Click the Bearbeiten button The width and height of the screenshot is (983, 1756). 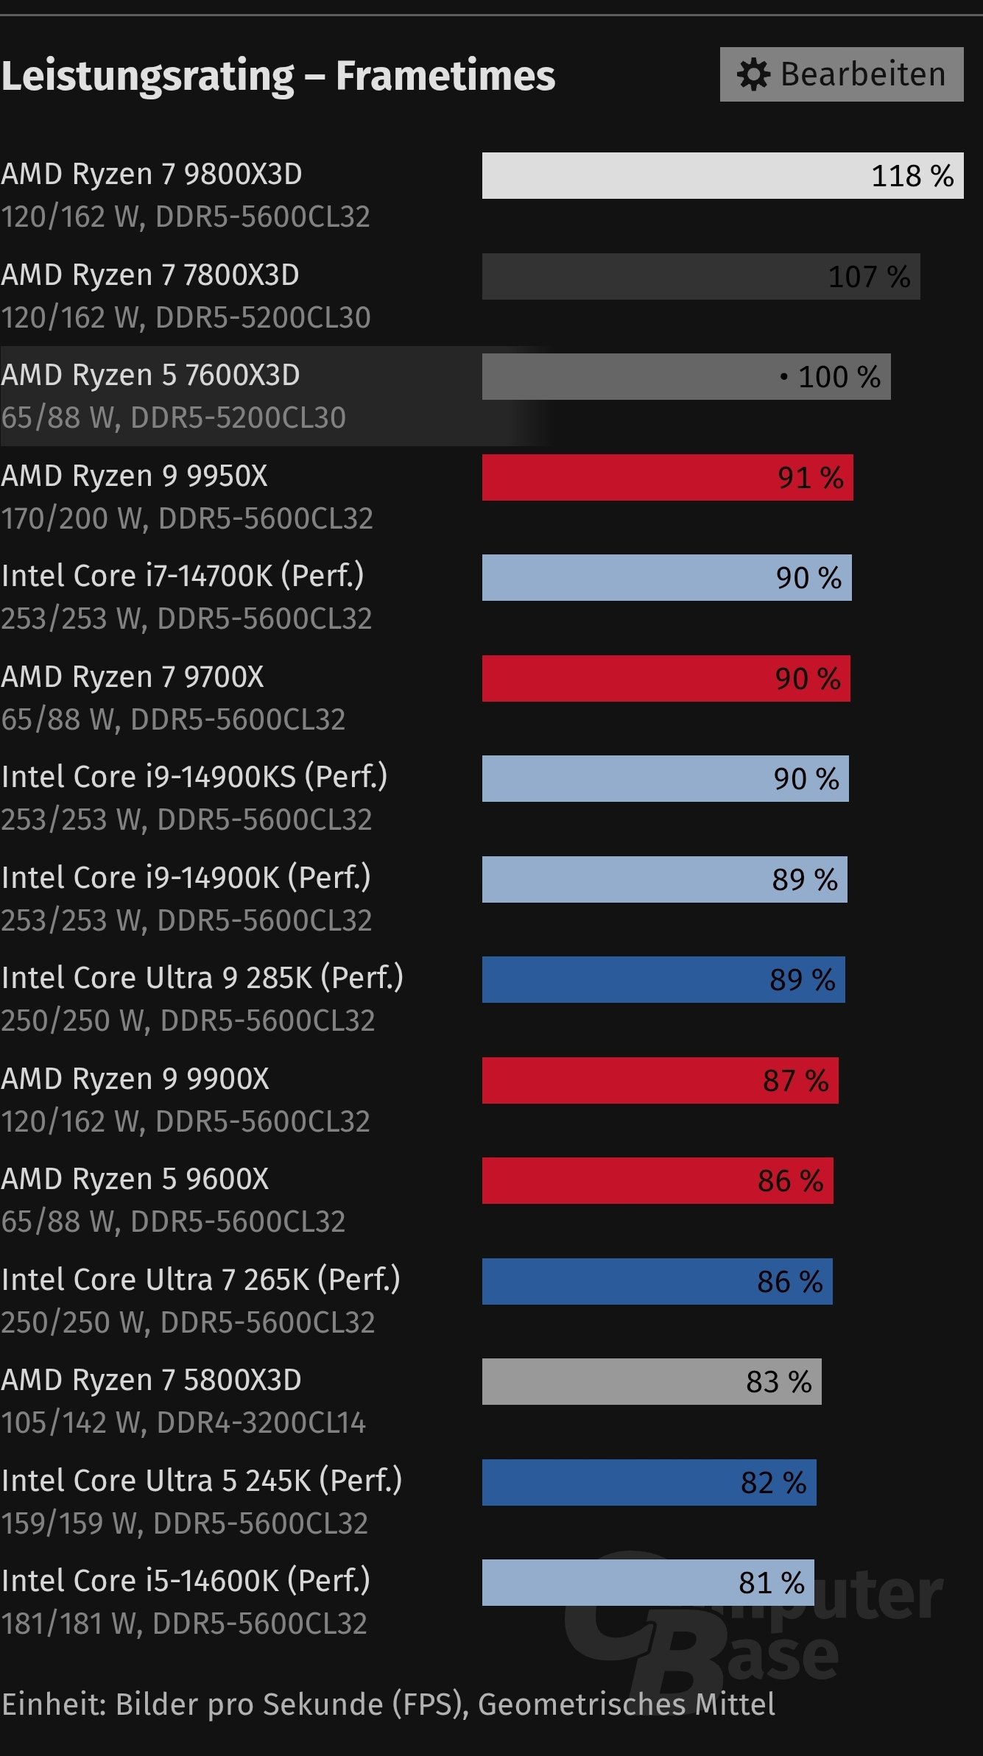coord(841,74)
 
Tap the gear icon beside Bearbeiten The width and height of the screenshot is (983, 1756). coord(753,75)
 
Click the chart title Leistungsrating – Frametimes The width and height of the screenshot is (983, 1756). coord(278,76)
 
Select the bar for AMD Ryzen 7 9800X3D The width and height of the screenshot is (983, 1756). coord(722,175)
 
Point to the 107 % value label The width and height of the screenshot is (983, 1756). coord(869,277)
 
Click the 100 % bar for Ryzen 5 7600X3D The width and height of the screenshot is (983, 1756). coord(685,377)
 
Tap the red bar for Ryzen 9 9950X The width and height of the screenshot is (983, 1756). coord(666,477)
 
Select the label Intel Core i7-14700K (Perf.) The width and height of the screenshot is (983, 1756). coord(183,576)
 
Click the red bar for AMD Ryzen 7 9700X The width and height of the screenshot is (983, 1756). coord(665,678)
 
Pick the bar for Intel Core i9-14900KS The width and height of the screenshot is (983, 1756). coord(664,778)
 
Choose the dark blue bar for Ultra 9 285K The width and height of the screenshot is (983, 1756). coord(663,979)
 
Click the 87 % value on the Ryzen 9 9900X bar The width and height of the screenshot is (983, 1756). coord(795,1081)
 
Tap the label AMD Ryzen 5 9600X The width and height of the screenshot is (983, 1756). coord(135,1179)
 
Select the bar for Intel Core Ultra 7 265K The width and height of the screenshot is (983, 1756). coord(656,1281)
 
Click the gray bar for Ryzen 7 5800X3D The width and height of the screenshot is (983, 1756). coord(651,1381)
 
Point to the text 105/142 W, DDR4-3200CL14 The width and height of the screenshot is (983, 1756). coord(183,1423)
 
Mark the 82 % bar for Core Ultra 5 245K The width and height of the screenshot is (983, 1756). coord(648,1482)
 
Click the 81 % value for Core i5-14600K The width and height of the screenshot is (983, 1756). coord(771,1583)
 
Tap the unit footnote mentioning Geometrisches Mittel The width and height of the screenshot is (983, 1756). coord(388,1704)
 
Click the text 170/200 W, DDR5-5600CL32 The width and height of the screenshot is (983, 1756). coord(187,518)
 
